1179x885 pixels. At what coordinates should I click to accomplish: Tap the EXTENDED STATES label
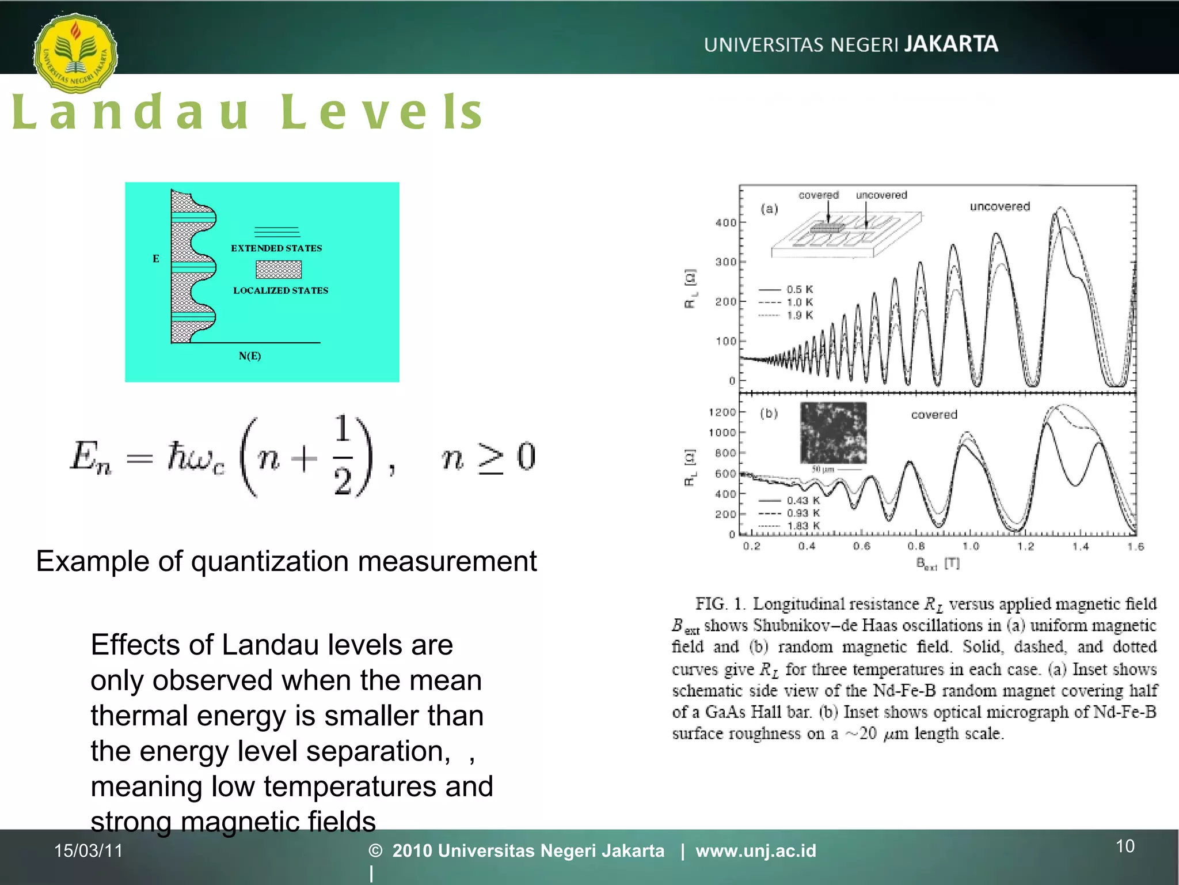[276, 248]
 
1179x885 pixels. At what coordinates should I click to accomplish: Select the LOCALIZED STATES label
[280, 290]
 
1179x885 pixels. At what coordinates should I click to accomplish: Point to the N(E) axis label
[250, 356]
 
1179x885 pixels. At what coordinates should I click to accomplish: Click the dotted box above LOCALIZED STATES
[279, 270]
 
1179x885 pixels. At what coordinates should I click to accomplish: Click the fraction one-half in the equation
[343, 455]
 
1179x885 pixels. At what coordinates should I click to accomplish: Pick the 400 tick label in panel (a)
[725, 223]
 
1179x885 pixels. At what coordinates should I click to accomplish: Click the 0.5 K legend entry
[800, 289]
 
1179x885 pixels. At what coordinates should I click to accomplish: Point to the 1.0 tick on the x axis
[971, 546]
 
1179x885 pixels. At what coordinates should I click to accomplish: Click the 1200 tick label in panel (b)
[722, 413]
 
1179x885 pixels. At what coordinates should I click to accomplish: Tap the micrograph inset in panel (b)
[833, 433]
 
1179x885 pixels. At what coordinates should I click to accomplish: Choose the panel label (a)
[769, 209]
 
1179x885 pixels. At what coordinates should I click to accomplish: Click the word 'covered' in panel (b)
[934, 415]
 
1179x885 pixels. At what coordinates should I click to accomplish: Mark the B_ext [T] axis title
[937, 563]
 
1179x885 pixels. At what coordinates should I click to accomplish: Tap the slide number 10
[1125, 846]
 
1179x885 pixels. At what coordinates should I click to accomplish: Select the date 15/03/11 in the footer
[88, 850]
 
